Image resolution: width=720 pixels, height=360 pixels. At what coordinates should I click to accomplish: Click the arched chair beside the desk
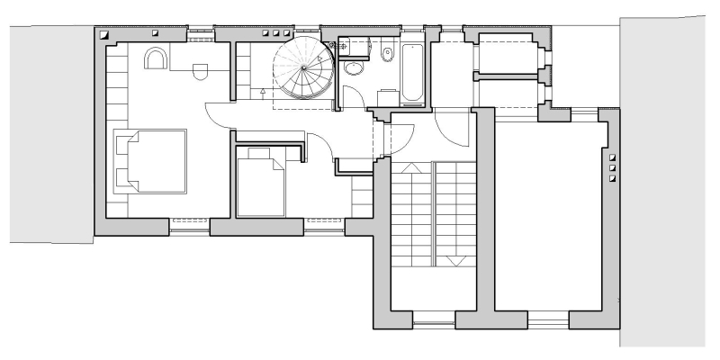pyautogui.click(x=155, y=58)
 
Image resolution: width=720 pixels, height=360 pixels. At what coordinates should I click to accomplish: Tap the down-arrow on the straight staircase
pyautogui.click(x=454, y=261)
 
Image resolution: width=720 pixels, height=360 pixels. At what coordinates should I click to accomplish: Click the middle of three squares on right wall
pyautogui.click(x=613, y=167)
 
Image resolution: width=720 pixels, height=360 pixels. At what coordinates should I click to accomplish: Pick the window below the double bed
pyautogui.click(x=188, y=226)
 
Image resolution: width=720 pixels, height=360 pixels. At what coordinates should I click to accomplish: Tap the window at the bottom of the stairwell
pyautogui.click(x=433, y=320)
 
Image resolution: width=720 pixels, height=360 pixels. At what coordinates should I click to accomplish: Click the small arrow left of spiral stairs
pyautogui.click(x=262, y=92)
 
